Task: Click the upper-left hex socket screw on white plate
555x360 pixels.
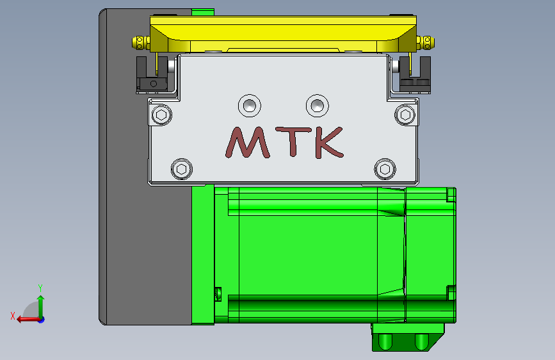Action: (161, 115)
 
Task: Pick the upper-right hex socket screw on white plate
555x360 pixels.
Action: (405, 115)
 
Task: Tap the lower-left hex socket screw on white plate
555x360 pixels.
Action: (182, 169)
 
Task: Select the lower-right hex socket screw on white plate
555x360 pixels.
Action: (384, 168)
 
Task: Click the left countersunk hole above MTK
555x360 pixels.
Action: (249, 104)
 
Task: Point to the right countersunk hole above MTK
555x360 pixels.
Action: (316, 104)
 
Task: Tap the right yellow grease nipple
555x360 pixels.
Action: (427, 42)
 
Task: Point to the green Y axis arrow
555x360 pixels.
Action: (40, 306)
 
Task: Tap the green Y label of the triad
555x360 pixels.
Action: (40, 288)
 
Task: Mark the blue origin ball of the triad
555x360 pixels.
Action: (41, 319)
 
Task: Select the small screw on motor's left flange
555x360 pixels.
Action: (217, 293)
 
